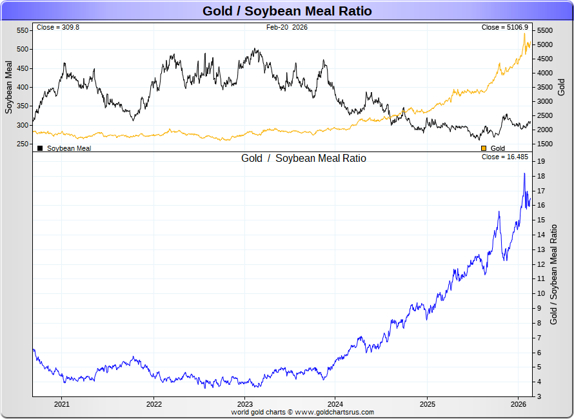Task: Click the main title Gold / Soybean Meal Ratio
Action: pyautogui.click(x=287, y=11)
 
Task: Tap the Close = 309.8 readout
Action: pyautogui.click(x=58, y=28)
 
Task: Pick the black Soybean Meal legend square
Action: pyautogui.click(x=40, y=148)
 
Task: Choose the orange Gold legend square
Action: pyautogui.click(x=484, y=148)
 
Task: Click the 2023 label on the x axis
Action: pyautogui.click(x=245, y=404)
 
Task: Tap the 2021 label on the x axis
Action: pyautogui.click(x=62, y=404)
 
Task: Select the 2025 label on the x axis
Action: pyautogui.click(x=427, y=404)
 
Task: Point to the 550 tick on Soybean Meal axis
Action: pyautogui.click(x=23, y=30)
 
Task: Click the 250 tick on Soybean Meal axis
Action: pyautogui.click(x=23, y=144)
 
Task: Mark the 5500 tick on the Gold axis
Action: pyautogui.click(x=545, y=30)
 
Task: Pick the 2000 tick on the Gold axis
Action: pyautogui.click(x=545, y=130)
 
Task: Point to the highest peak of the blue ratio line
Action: pyautogui.click(x=524, y=173)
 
